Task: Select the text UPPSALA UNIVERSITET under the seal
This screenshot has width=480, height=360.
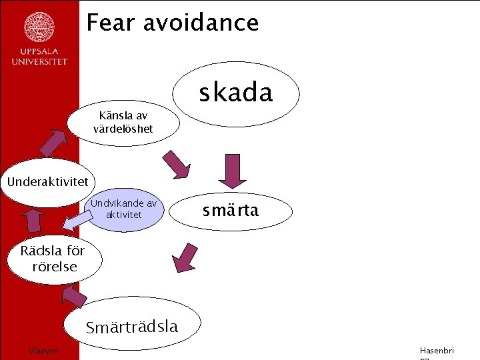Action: (39, 57)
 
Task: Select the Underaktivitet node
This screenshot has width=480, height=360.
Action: (48, 181)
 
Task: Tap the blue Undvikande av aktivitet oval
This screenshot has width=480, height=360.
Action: (124, 209)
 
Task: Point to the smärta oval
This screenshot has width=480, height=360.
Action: (231, 211)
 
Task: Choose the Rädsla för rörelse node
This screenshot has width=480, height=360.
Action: (53, 259)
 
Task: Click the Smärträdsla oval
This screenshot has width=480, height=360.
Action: (132, 327)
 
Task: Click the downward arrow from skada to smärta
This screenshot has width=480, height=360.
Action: (233, 171)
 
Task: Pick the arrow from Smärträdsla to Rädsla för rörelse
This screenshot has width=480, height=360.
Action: (75, 295)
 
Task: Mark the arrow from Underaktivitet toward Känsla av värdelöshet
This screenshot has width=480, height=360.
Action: (57, 142)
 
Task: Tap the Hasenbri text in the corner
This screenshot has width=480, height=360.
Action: (436, 351)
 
